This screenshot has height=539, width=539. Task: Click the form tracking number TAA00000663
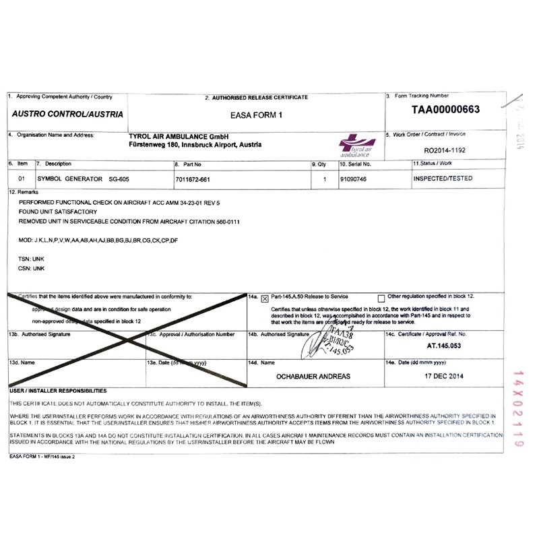click(445, 110)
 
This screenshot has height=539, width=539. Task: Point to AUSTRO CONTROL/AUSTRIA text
click(67, 115)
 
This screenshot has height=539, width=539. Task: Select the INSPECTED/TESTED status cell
click(442, 179)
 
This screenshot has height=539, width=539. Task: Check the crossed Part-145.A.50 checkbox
click(265, 297)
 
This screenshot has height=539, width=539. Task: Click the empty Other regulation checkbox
click(381, 297)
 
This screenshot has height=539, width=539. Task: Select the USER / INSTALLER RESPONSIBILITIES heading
click(58, 390)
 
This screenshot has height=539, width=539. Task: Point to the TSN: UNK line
click(30, 258)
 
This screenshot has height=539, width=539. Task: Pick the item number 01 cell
click(22, 179)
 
